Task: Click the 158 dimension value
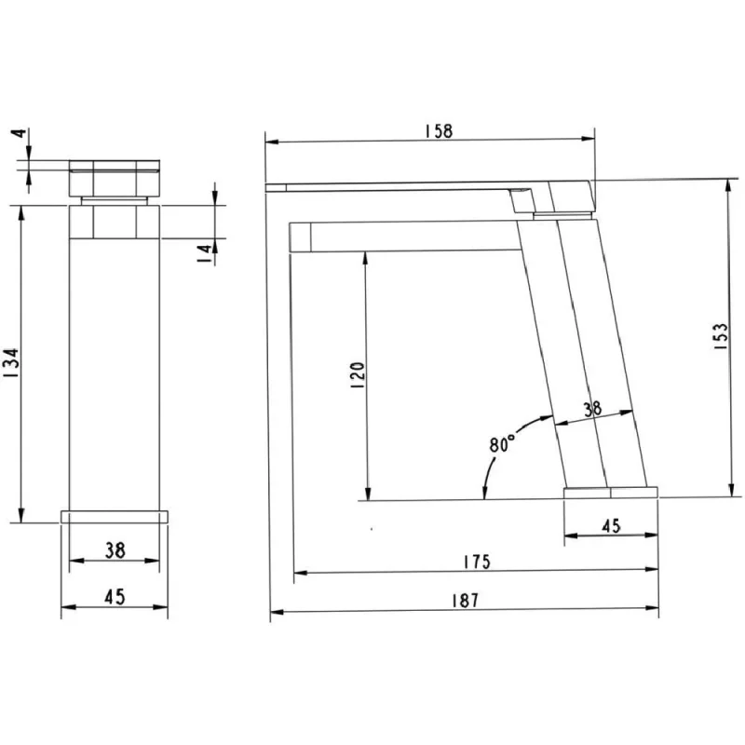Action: coord(439,131)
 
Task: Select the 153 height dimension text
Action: coord(721,336)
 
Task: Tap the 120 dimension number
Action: coord(358,375)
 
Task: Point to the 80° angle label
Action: coord(502,443)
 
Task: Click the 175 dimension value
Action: coord(477,562)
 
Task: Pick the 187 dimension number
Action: coord(465,601)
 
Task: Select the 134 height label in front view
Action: coord(10,363)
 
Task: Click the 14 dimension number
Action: coord(204,254)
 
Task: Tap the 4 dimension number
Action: coord(20,132)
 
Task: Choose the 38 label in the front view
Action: coord(115,550)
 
